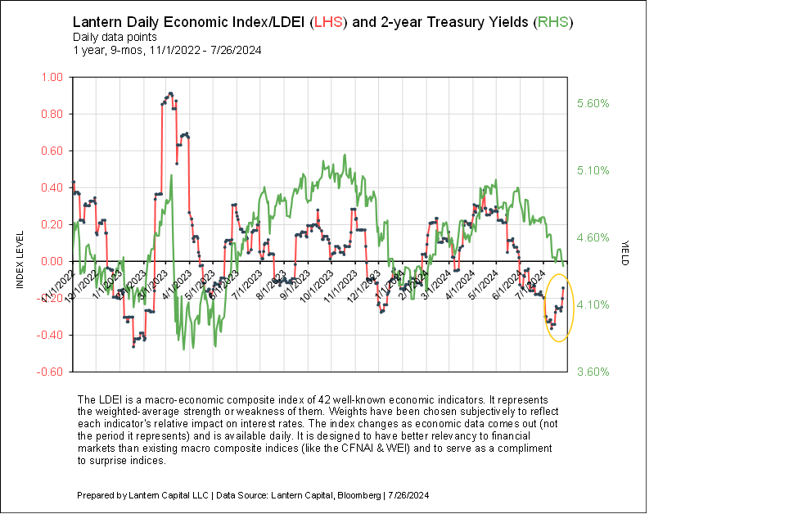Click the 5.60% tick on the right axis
point(593,104)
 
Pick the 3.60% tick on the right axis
point(593,372)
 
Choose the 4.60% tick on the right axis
point(593,238)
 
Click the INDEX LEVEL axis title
point(19,261)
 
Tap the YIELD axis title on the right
point(625,253)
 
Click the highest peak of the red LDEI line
point(169,93)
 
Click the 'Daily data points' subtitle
point(110,37)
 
